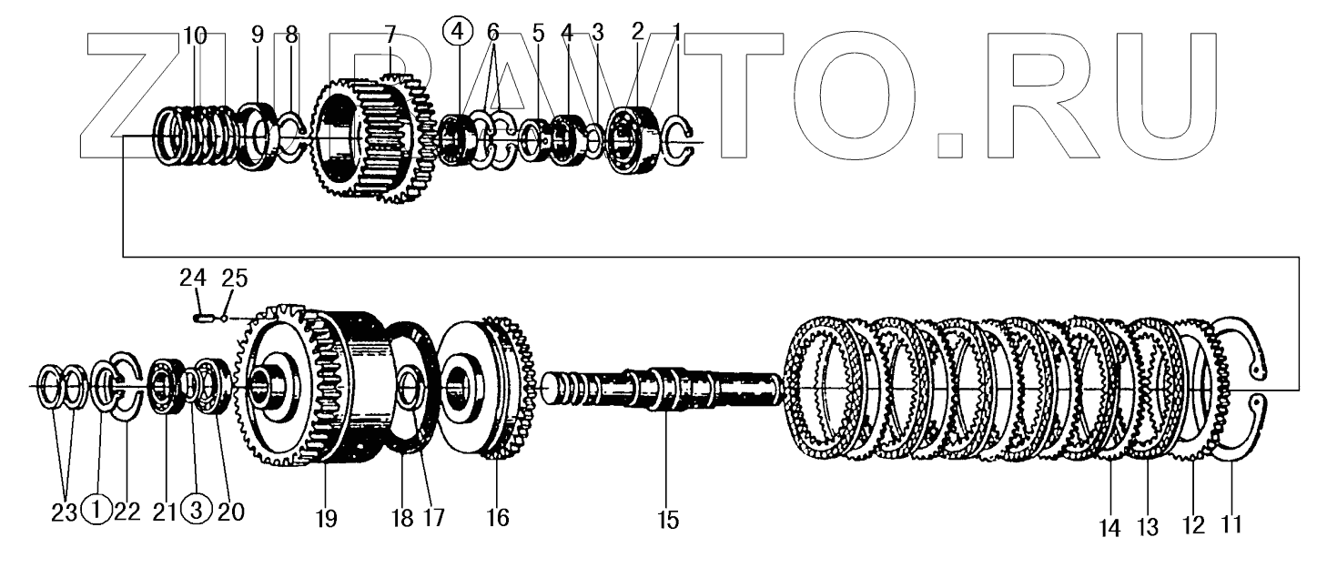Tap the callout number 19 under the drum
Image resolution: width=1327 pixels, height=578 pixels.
(327, 520)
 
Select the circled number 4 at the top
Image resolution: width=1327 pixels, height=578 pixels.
(458, 34)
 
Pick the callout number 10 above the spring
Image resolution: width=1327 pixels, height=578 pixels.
(195, 35)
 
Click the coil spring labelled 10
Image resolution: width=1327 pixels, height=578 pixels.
(195, 137)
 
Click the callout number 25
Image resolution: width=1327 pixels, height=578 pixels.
(233, 279)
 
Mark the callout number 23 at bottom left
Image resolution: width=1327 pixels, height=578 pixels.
(62, 512)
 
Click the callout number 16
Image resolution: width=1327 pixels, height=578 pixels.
(497, 518)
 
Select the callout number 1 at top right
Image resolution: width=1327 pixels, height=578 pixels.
(676, 33)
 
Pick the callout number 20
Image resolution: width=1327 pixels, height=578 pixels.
(230, 512)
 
